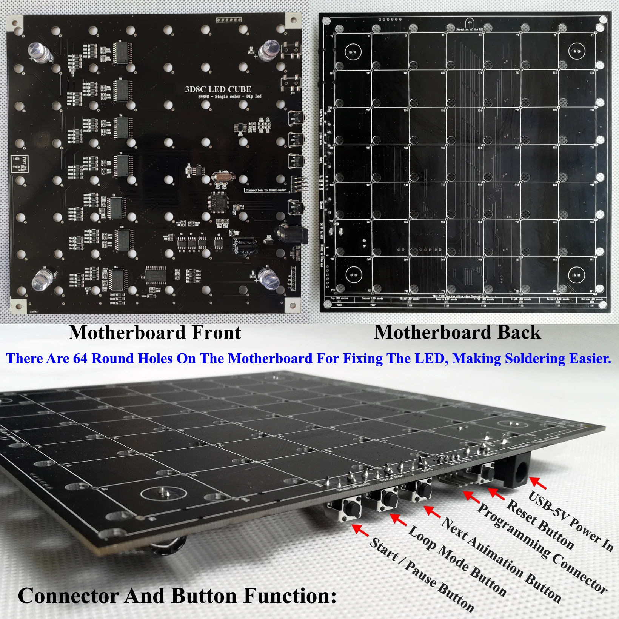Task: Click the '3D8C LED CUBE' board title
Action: pos(218,89)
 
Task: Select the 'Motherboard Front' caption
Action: pos(155,333)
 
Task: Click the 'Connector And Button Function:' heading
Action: pos(177,596)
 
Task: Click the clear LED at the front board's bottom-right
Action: pos(269,278)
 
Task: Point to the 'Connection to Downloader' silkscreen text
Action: pos(266,190)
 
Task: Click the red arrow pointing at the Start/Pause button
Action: pos(360,530)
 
